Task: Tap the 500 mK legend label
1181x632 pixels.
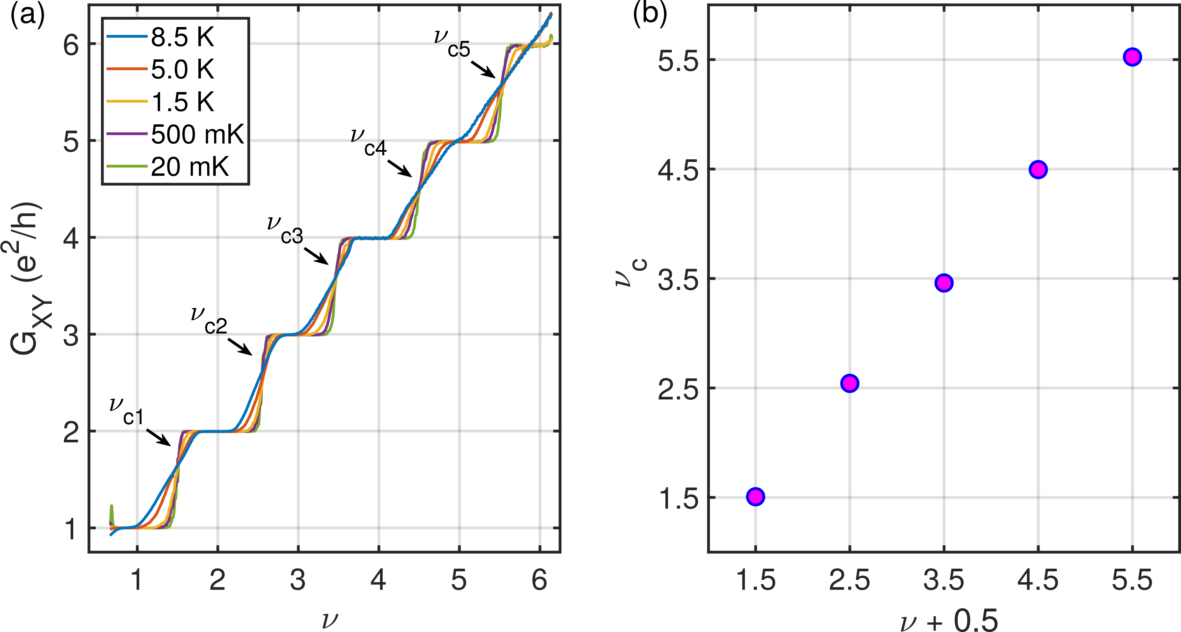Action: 197,134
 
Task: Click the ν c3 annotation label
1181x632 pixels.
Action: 285,230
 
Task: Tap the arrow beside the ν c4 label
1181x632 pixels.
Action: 399,168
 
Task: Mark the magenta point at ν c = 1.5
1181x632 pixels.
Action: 755,496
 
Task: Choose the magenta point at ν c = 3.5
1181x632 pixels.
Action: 943,283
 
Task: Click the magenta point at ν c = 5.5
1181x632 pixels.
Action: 1132,70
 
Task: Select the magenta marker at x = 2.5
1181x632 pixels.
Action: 849,383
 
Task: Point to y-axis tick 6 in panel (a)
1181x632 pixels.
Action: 71,45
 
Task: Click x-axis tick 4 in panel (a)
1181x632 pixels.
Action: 378,580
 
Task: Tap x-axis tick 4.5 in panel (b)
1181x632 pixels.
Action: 1038,580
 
